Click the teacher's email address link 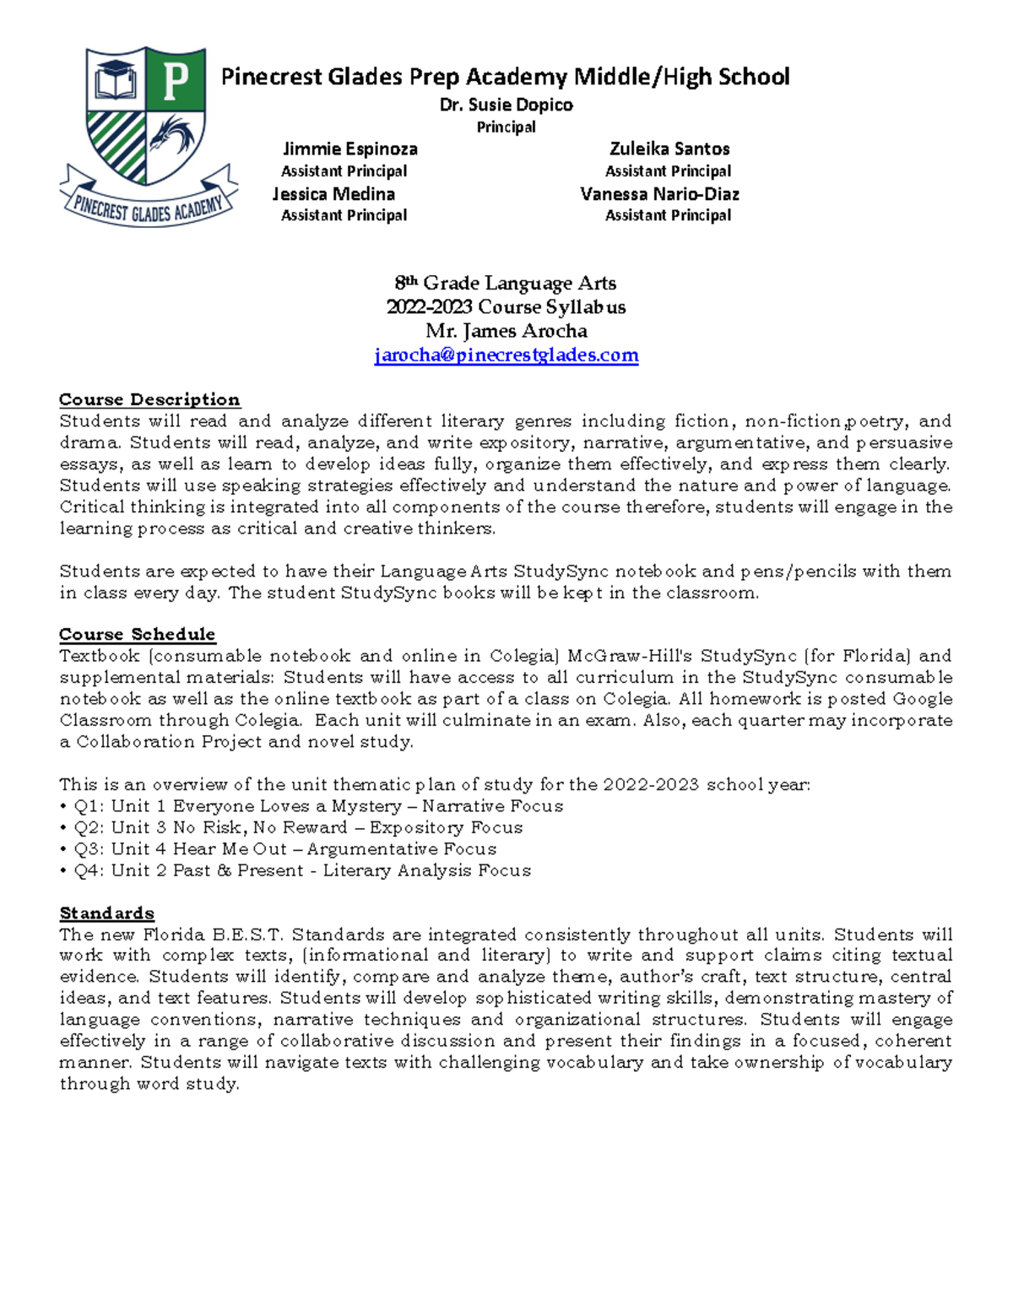506,355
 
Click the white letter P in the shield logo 176,82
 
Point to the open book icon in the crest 116,83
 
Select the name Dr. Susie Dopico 506,105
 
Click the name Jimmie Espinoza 349,149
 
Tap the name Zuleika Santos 669,149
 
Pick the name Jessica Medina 334,194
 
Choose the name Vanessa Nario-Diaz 659,194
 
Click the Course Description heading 149,399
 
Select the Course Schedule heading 137,634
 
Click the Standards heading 106,913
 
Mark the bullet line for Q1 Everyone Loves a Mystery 312,806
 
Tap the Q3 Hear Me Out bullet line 279,849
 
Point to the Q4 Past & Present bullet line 295,870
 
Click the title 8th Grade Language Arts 506,284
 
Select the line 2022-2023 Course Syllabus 506,307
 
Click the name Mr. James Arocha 506,331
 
